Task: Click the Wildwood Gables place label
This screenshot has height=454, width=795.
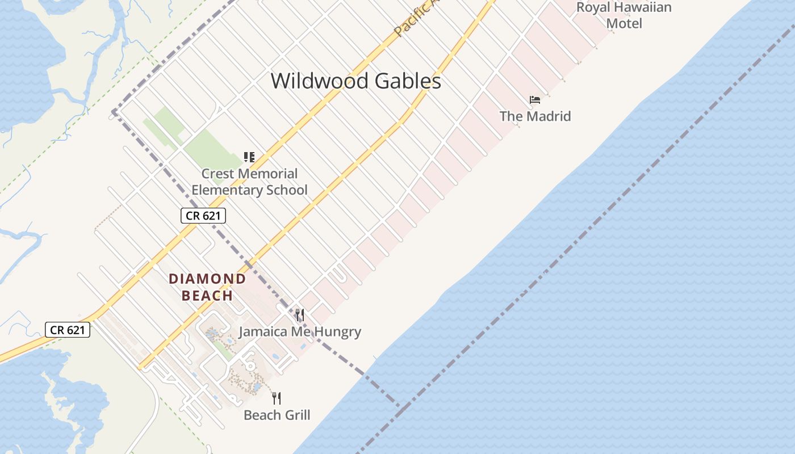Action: [x=355, y=81]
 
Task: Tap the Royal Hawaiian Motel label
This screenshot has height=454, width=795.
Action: [x=624, y=15]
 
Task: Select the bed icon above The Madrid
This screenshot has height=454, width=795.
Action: [x=534, y=100]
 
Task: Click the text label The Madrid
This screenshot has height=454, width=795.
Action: [x=535, y=116]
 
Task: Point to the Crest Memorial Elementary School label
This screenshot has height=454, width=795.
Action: [x=249, y=182]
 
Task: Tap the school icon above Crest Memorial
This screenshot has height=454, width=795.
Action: [x=249, y=157]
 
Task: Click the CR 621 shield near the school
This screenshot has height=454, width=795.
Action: [x=203, y=216]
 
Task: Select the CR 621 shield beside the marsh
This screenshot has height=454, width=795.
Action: [x=68, y=330]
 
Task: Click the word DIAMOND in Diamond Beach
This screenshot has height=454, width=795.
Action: [x=207, y=279]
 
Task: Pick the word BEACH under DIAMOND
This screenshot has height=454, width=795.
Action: [x=207, y=296]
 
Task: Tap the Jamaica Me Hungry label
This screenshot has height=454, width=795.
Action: [x=300, y=332]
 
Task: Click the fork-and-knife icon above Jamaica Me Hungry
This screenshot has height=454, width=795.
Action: [x=300, y=315]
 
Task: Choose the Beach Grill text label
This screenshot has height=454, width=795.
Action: [x=277, y=415]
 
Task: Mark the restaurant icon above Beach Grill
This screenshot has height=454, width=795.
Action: [x=277, y=398]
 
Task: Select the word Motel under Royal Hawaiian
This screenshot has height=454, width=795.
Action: [x=624, y=23]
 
